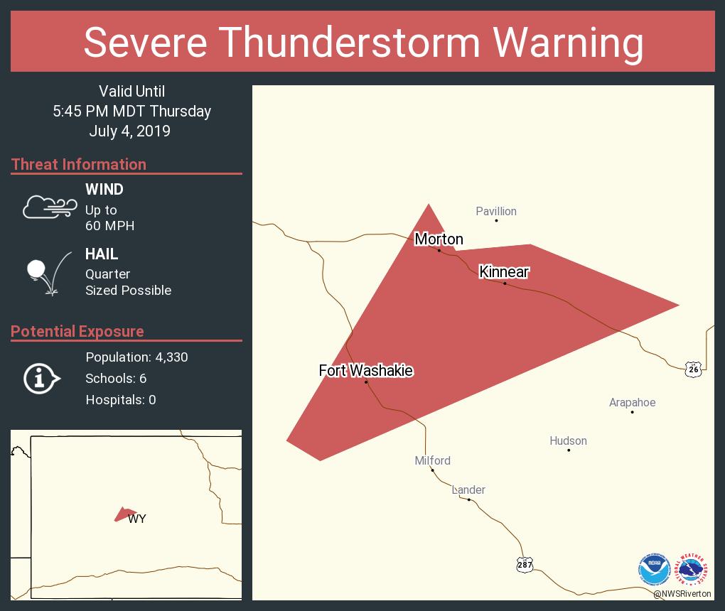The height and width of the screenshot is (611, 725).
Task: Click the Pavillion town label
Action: click(496, 211)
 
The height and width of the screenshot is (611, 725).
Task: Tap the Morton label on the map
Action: click(439, 239)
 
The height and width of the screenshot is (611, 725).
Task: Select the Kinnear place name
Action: click(504, 272)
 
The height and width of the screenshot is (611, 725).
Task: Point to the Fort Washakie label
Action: click(365, 371)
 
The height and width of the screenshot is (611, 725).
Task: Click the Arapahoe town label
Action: click(632, 403)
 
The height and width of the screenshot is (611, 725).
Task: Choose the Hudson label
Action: click(568, 441)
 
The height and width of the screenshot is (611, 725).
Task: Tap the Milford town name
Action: click(432, 461)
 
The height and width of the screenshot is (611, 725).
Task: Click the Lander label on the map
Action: click(468, 490)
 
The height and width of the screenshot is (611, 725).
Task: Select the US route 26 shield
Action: click(694, 369)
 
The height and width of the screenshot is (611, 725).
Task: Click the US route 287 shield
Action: click(525, 564)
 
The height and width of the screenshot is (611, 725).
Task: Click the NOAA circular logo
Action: click(654, 569)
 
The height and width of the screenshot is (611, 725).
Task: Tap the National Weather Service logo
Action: click(692, 569)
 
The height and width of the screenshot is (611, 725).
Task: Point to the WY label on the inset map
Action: click(137, 519)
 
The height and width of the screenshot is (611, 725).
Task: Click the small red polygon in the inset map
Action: click(124, 514)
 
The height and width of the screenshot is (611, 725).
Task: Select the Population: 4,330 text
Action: click(136, 357)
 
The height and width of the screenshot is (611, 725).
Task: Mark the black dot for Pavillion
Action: click(496, 220)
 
